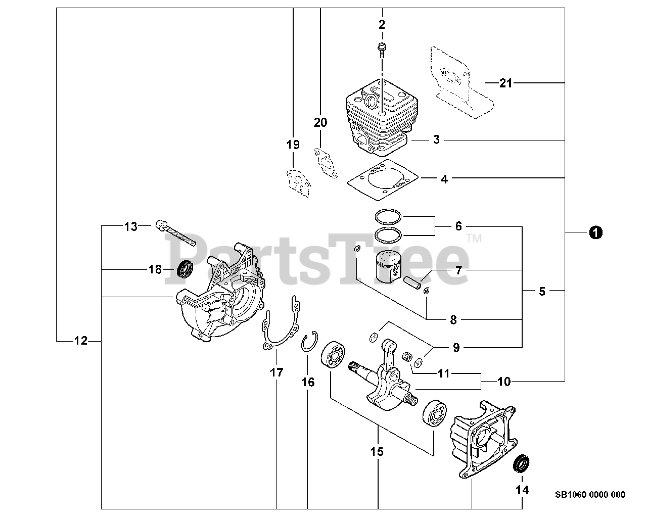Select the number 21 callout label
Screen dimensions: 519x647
(x=505, y=83)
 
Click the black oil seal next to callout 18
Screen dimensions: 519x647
(x=186, y=269)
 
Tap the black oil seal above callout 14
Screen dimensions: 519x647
(x=520, y=464)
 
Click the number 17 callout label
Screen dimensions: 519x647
(x=276, y=373)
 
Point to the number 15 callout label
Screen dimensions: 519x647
(x=377, y=451)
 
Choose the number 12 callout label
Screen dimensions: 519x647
(x=81, y=341)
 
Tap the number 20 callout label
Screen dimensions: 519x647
(x=320, y=122)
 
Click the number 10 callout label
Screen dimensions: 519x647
(x=504, y=382)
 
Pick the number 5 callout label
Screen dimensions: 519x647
(x=542, y=291)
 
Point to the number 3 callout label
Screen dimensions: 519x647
(x=436, y=139)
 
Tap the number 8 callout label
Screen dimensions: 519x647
(x=453, y=319)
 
